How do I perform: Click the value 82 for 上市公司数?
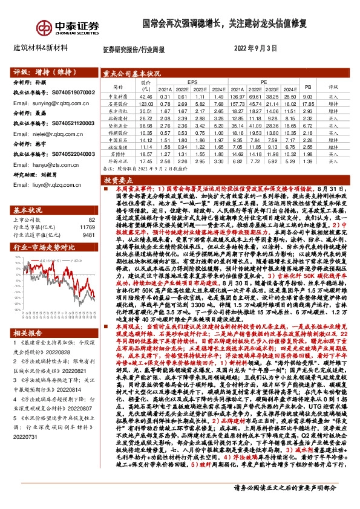click(92, 203)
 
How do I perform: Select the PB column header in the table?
click(307, 87)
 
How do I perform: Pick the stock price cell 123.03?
click(146, 103)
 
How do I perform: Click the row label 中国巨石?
click(118, 139)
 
